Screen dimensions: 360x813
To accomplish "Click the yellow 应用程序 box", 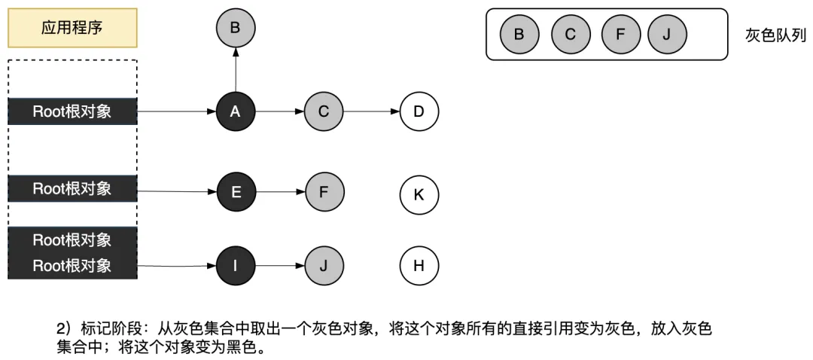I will (72, 29).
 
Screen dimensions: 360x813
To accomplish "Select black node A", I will (236, 112).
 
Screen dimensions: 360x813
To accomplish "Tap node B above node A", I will (236, 29).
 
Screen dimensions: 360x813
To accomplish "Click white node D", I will (419, 112).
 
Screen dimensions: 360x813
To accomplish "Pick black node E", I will (236, 191).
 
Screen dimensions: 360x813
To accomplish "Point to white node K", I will (419, 194).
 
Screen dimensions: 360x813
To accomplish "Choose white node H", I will (419, 265).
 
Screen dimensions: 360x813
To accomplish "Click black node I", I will (236, 265).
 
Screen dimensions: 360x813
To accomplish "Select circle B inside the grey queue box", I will (519, 35).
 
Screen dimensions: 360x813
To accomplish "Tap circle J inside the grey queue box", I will (667, 35).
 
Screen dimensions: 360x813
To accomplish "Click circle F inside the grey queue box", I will (620, 35).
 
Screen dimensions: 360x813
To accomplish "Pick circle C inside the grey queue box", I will (570, 35).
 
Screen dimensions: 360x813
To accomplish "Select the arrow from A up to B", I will (236, 71).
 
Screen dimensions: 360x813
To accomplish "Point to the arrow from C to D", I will (371, 112).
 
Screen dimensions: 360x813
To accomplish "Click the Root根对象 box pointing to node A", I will (72, 112).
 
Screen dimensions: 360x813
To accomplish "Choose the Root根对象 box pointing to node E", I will (72, 188).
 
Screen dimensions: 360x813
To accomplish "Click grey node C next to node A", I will (324, 112).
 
